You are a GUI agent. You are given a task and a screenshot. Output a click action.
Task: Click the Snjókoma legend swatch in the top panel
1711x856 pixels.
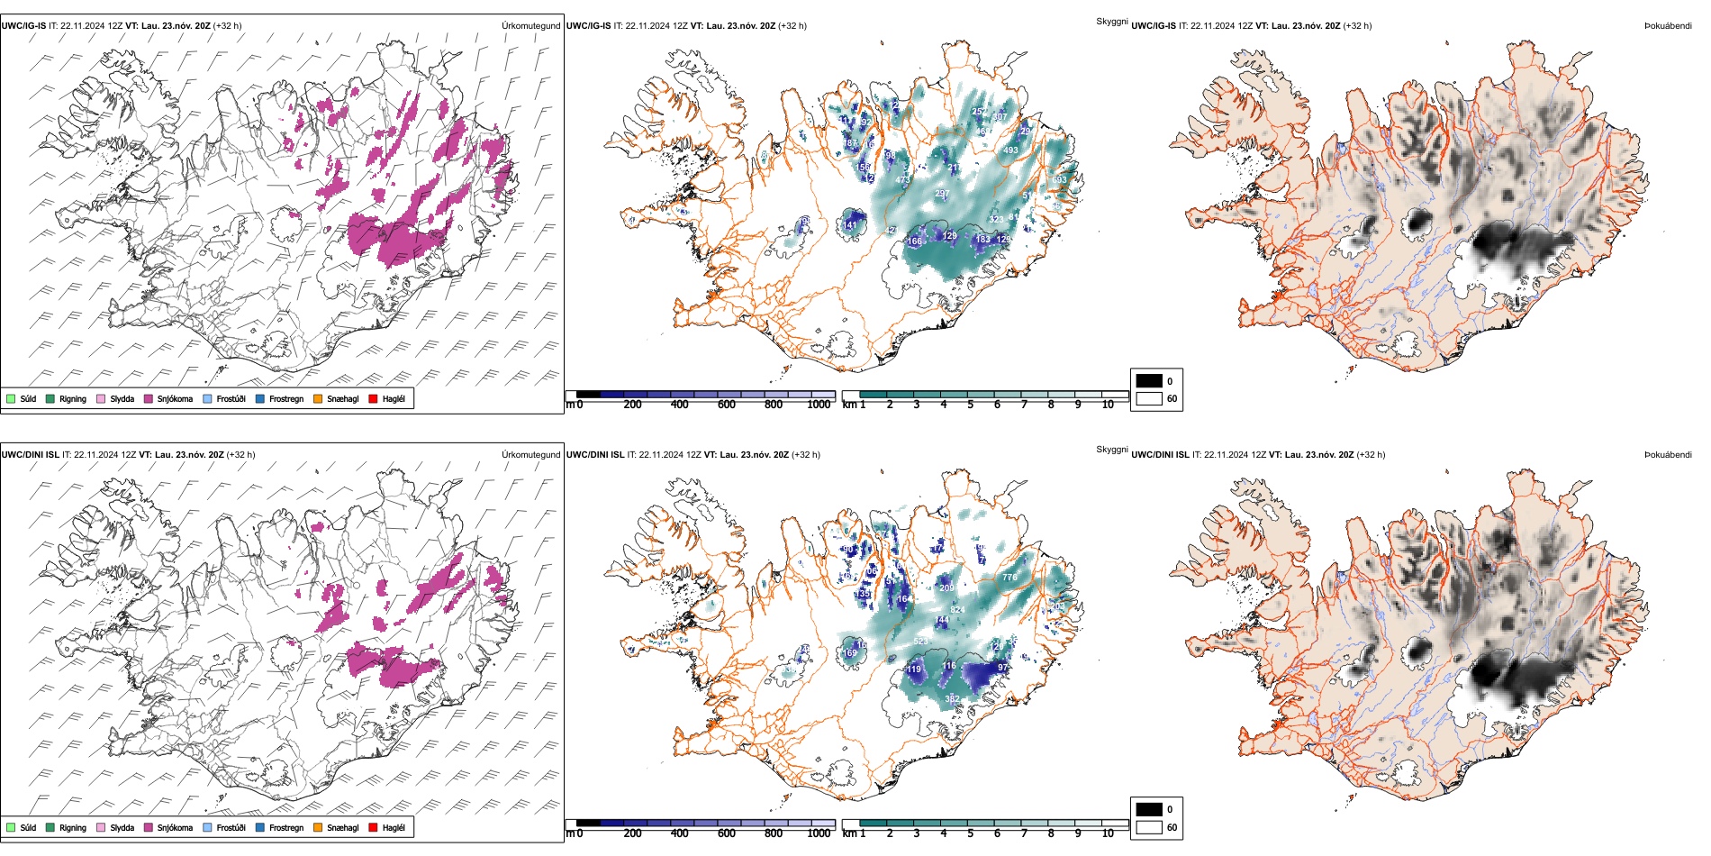(x=149, y=398)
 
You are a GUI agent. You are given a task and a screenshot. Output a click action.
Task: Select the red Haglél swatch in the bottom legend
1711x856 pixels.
(x=373, y=827)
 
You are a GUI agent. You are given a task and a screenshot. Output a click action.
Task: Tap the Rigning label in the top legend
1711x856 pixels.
(x=73, y=399)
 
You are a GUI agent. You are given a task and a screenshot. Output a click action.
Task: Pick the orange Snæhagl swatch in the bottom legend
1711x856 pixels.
(x=318, y=827)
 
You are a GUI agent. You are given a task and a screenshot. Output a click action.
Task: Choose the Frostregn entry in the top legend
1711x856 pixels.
(x=285, y=399)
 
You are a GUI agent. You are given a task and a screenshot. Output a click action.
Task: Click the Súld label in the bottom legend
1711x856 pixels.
(x=28, y=828)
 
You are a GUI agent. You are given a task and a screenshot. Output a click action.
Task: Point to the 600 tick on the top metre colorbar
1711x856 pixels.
(x=727, y=405)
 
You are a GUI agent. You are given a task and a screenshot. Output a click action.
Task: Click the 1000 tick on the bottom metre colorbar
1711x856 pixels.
(x=819, y=833)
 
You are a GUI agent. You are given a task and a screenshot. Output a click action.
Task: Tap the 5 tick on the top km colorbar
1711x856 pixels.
(x=970, y=405)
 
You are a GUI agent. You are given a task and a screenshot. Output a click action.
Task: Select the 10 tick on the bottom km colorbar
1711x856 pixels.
(x=1108, y=833)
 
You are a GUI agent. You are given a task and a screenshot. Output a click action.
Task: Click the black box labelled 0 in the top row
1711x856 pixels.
(x=1149, y=380)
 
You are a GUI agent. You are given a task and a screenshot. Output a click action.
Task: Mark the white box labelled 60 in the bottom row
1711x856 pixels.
(x=1149, y=827)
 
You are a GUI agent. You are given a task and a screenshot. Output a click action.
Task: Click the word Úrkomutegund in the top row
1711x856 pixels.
(x=530, y=26)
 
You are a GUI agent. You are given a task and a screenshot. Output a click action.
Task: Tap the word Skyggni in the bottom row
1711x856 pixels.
(x=1111, y=450)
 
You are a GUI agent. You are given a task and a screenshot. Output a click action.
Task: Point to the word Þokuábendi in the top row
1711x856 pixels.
(x=1668, y=26)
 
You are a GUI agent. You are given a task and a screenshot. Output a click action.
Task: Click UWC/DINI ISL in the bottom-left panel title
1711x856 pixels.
(x=30, y=455)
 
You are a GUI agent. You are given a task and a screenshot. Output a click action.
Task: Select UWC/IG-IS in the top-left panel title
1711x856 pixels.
(x=23, y=26)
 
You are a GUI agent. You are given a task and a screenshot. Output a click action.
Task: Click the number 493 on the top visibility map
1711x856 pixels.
(x=1010, y=150)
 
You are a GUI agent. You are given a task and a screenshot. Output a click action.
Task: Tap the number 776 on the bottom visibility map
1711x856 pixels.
(x=1009, y=578)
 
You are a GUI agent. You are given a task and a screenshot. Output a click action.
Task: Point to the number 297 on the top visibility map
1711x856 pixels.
(x=942, y=194)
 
